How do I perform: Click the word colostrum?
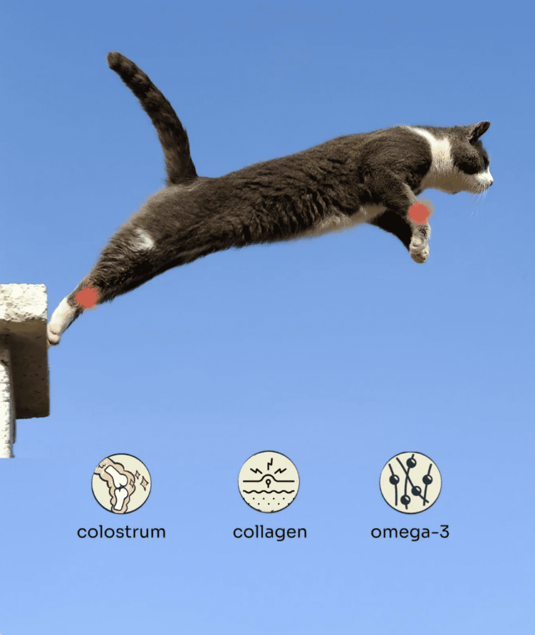[x=121, y=531]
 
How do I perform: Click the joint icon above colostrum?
[x=121, y=483]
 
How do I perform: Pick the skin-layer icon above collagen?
[x=269, y=482]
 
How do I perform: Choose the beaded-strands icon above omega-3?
[x=411, y=482]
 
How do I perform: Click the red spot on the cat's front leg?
[x=419, y=213]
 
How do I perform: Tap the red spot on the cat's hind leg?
[x=87, y=297]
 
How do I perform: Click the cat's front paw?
[x=419, y=249]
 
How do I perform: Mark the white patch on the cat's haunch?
[x=143, y=238]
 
